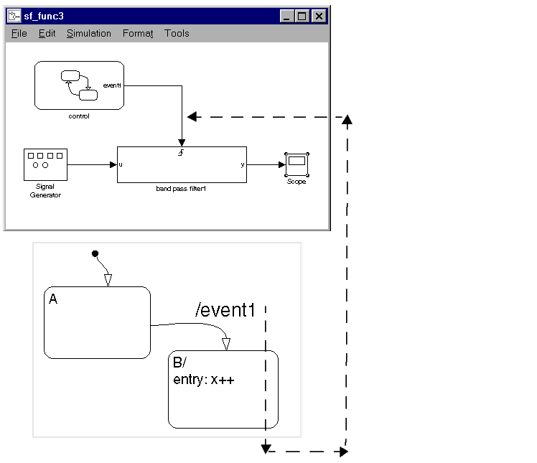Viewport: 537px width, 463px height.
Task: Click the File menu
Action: [19, 34]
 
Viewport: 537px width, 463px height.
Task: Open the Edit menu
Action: [47, 34]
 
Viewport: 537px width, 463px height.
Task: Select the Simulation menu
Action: [89, 34]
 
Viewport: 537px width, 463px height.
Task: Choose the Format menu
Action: [138, 34]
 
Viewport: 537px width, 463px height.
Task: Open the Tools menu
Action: [177, 34]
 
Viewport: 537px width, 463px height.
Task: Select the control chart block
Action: [79, 85]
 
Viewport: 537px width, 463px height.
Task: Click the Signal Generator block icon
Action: [45, 165]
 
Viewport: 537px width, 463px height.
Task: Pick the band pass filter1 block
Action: [182, 164]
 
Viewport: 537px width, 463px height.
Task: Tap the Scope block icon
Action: [296, 164]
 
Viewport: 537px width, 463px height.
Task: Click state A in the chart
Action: [97, 322]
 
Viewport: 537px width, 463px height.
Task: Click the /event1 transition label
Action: [225, 310]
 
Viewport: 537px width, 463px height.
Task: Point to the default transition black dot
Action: [94, 253]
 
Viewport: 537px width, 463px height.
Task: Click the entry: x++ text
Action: [204, 380]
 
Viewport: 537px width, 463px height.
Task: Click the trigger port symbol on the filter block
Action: [182, 152]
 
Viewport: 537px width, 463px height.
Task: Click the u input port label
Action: [121, 164]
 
